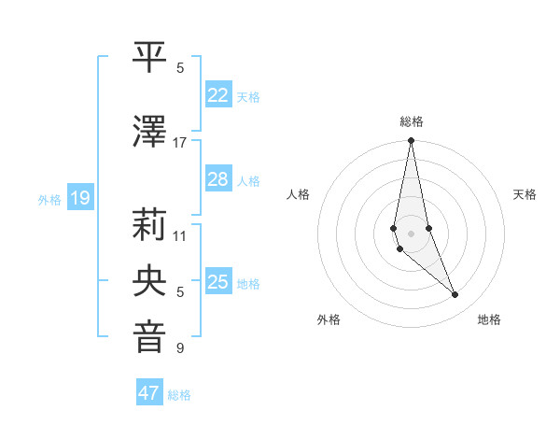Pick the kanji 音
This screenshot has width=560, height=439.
(x=150, y=337)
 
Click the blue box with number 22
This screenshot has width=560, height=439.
(x=218, y=95)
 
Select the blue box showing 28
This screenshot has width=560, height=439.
(x=218, y=179)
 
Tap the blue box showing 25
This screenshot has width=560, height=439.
(x=218, y=282)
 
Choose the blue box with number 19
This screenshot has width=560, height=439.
(x=79, y=198)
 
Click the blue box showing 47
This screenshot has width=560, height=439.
(x=149, y=393)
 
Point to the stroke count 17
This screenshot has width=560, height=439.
(x=180, y=143)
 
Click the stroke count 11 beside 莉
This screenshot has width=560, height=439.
(x=180, y=236)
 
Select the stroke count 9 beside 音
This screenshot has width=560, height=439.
(x=180, y=348)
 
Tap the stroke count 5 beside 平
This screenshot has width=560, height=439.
(x=180, y=68)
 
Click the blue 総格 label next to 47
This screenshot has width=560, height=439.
(x=179, y=395)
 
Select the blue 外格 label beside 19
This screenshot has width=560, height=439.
(x=49, y=199)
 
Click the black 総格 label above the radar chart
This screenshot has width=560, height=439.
(x=412, y=121)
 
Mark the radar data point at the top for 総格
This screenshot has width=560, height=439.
(x=411, y=141)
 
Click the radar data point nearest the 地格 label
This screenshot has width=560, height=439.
(x=455, y=295)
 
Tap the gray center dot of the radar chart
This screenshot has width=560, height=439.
(x=411, y=233)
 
